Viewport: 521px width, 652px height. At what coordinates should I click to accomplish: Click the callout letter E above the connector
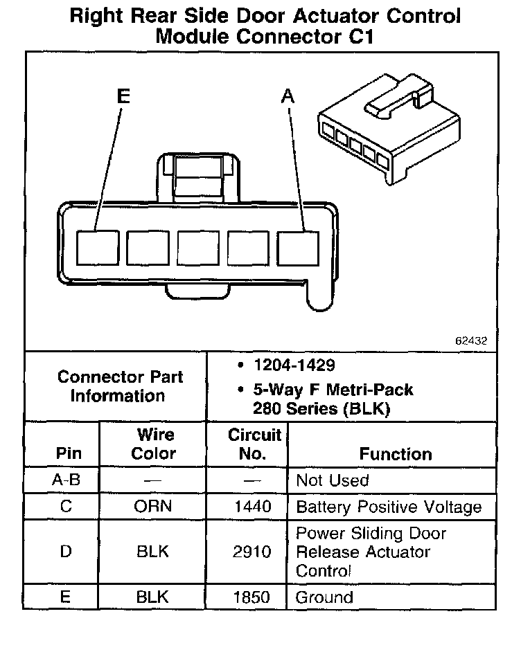pyautogui.click(x=123, y=97)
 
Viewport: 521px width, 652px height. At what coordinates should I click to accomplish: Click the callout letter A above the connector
pyautogui.click(x=288, y=97)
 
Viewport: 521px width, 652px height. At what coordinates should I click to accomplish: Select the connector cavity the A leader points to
pyautogui.click(x=298, y=247)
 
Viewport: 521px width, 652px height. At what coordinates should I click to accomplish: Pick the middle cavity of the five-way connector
pyautogui.click(x=198, y=247)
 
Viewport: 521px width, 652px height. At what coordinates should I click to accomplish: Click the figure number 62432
pyautogui.click(x=471, y=341)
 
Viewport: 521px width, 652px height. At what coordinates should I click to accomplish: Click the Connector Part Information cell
pyautogui.click(x=121, y=386)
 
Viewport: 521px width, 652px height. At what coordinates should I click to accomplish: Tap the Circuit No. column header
pyautogui.click(x=254, y=444)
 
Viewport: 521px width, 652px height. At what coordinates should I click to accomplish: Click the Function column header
pyautogui.click(x=396, y=454)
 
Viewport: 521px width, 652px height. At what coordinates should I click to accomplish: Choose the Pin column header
pyautogui.click(x=69, y=454)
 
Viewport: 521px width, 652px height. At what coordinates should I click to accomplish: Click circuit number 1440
pyautogui.click(x=253, y=507)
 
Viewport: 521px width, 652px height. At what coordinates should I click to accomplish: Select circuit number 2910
pyautogui.click(x=253, y=552)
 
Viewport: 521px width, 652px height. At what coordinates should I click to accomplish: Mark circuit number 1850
pyautogui.click(x=253, y=597)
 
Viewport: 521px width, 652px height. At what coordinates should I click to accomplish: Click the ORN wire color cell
pyautogui.click(x=153, y=507)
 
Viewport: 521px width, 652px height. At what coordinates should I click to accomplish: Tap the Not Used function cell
pyautogui.click(x=333, y=480)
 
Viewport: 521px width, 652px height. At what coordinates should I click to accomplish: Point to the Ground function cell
pyautogui.click(x=324, y=597)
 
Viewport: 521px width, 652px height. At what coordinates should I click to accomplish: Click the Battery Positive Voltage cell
pyautogui.click(x=389, y=507)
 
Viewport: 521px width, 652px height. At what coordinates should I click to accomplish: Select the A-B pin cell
pyautogui.click(x=67, y=480)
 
